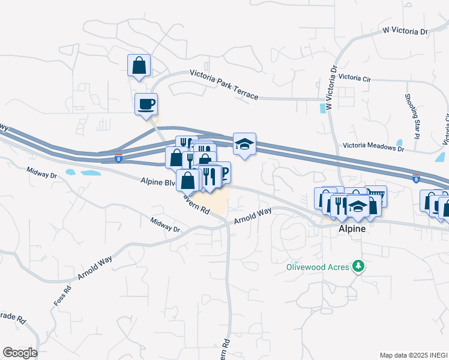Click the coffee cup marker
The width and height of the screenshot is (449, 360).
click(146, 104)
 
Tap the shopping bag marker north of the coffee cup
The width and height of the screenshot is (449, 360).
click(139, 65)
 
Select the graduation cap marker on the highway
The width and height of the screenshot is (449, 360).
click(244, 144)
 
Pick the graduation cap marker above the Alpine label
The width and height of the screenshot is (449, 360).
click(358, 207)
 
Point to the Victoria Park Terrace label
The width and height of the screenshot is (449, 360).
click(224, 85)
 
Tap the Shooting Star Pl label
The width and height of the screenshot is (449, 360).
click(411, 116)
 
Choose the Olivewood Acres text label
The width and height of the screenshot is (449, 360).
click(315, 266)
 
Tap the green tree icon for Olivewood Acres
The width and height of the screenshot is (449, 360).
click(358, 266)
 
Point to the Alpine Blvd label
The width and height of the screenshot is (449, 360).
click(157, 180)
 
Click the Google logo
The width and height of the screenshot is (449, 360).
click(20, 353)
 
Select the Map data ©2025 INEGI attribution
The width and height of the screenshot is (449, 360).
click(414, 355)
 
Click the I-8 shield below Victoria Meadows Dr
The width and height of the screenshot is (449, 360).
click(416, 178)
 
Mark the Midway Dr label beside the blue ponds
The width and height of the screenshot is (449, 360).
click(41, 173)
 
